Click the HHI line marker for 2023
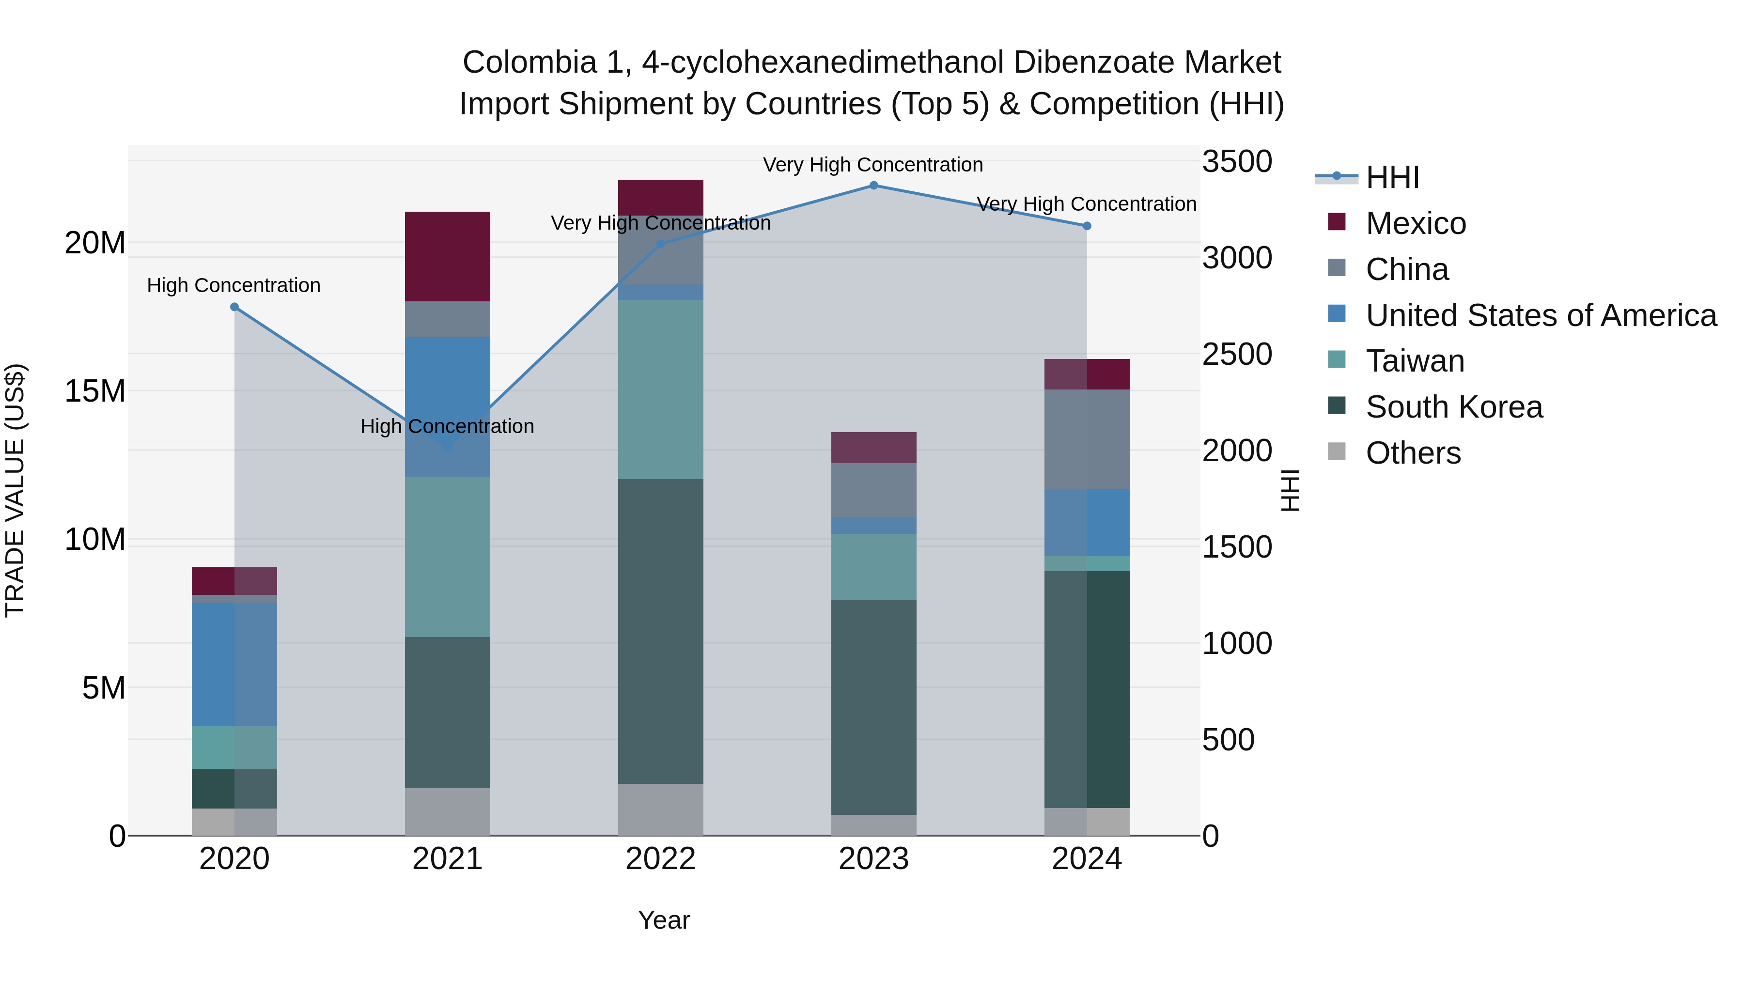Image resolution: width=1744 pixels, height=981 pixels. (x=873, y=186)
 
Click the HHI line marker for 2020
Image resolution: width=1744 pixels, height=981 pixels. (x=234, y=307)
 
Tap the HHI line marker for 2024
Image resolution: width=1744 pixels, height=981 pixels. (x=1087, y=226)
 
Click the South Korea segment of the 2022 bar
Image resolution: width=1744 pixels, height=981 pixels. (x=660, y=631)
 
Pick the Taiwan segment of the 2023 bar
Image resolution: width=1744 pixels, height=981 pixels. (x=873, y=567)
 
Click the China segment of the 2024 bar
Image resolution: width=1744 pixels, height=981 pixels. (x=1087, y=439)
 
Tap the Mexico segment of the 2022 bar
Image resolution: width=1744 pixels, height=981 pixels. (x=660, y=198)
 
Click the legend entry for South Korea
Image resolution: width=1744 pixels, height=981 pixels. (x=1453, y=407)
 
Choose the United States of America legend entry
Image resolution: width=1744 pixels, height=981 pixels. (x=1540, y=315)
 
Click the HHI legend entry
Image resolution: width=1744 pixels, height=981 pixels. (x=1392, y=177)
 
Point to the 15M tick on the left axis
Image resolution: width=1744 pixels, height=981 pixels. (x=95, y=391)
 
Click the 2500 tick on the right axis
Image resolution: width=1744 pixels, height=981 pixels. (x=1237, y=355)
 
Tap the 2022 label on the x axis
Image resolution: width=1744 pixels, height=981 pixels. (x=660, y=859)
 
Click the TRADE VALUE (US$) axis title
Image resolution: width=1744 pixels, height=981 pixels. (x=15, y=490)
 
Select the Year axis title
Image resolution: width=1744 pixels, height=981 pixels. (x=664, y=920)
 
